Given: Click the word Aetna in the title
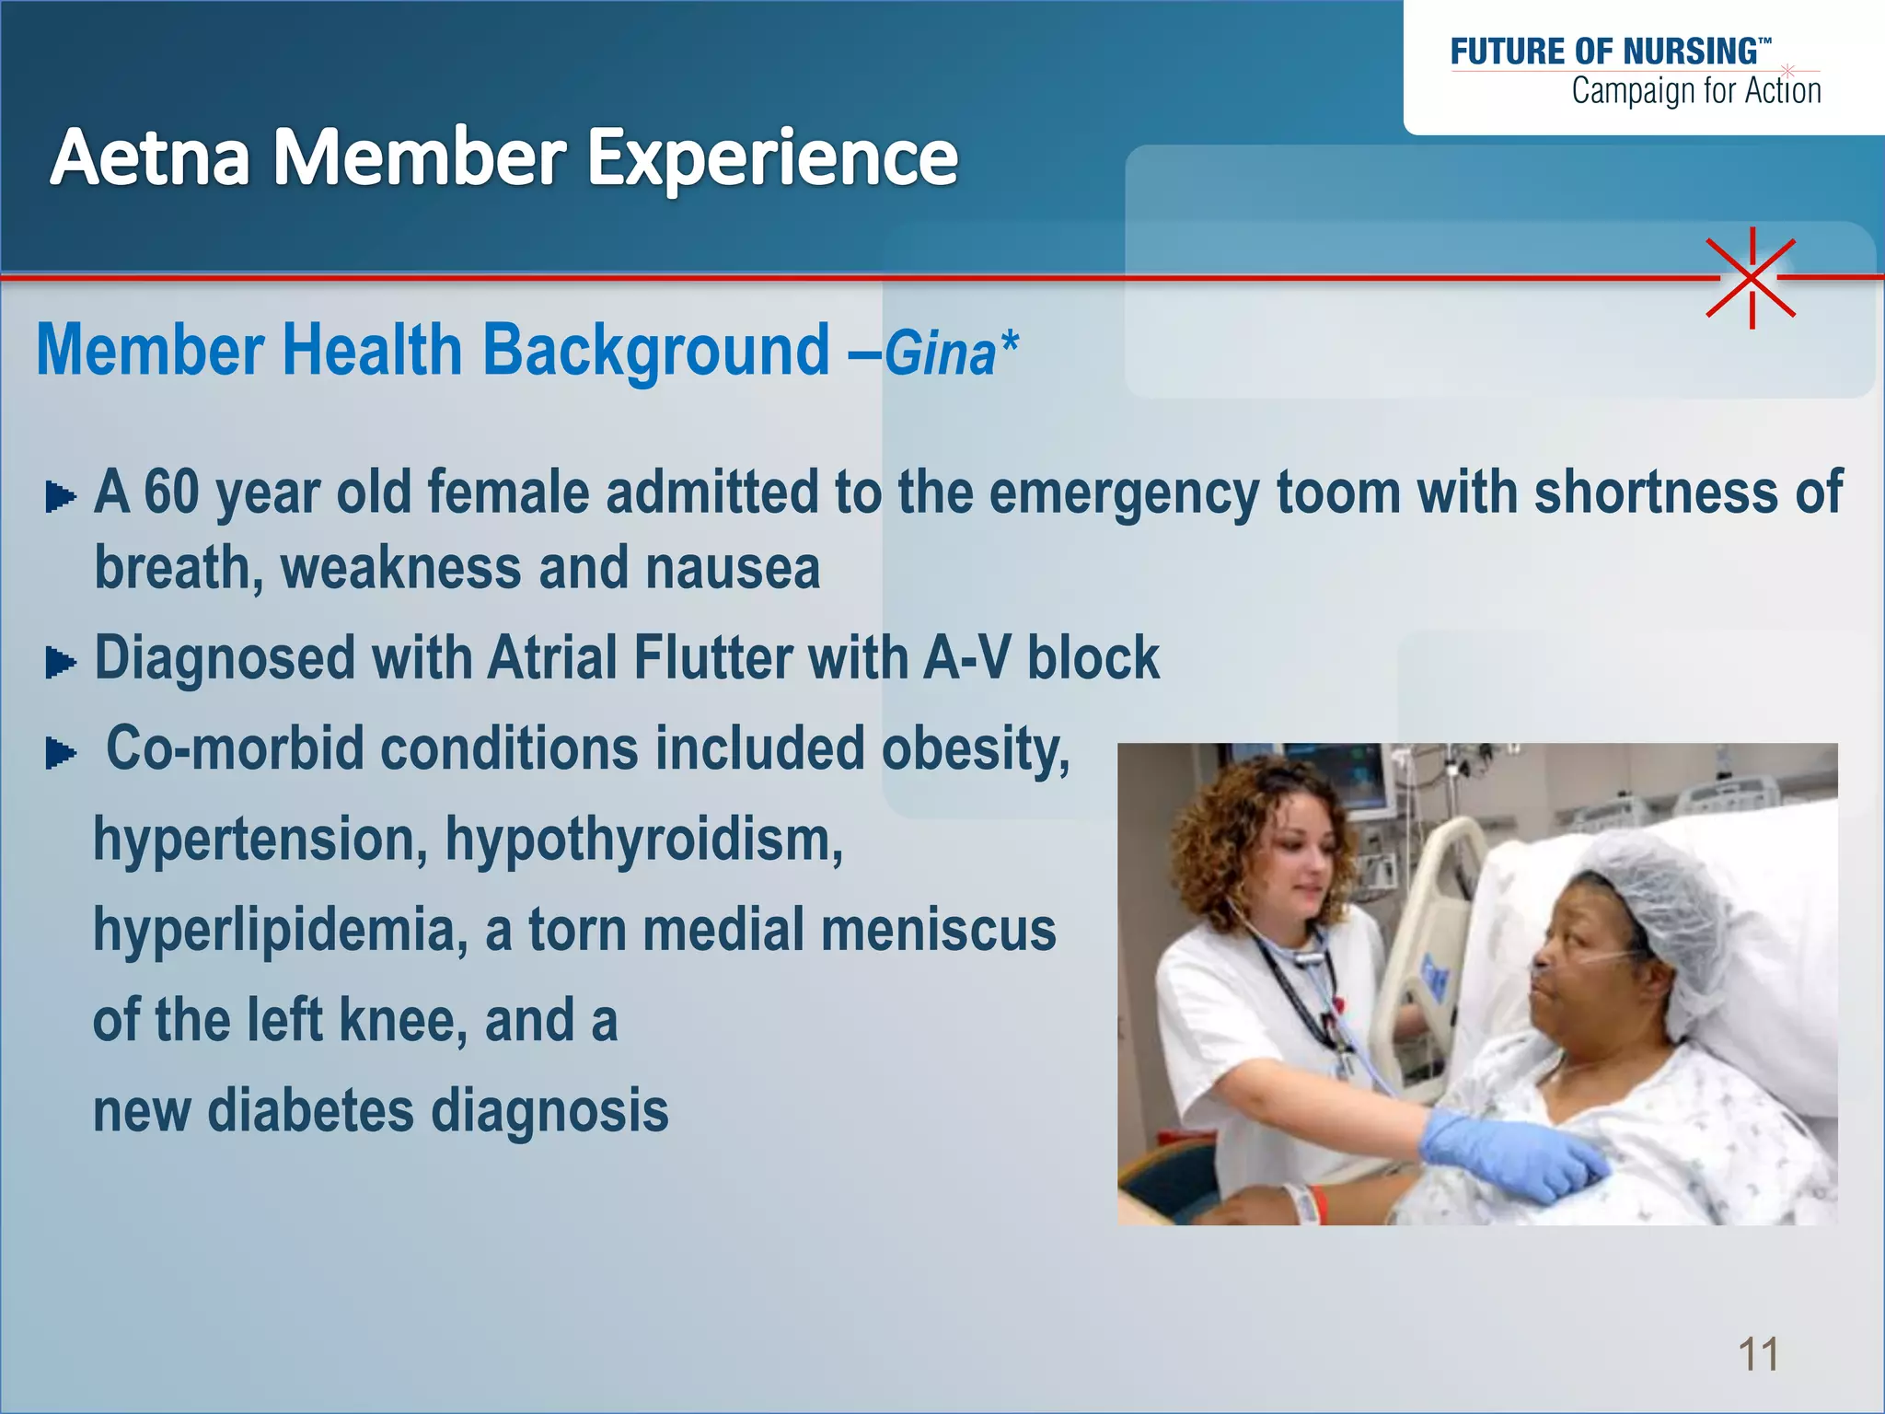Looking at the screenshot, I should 150,157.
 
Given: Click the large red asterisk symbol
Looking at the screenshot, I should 1751,277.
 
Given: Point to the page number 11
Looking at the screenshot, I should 1758,1354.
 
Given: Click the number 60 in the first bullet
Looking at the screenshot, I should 171,492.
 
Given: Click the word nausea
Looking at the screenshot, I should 732,568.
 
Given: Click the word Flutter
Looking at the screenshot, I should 711,658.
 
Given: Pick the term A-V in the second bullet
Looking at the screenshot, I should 966,658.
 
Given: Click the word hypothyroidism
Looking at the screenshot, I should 643,840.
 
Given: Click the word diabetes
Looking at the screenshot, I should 310,1110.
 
